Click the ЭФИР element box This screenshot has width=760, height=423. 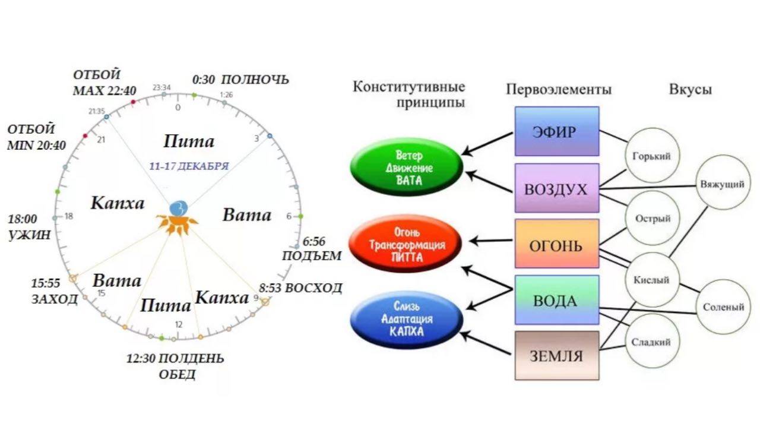[556, 131]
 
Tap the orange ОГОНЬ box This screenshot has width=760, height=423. [556, 245]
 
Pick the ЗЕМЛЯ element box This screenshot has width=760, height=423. [556, 356]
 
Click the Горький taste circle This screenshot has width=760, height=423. [651, 157]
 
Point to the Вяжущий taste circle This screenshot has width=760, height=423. [721, 184]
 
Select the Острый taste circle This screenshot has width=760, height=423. [651, 219]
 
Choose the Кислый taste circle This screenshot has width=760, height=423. [651, 280]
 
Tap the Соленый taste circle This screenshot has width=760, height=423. [723, 307]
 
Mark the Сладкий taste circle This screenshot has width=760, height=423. [651, 342]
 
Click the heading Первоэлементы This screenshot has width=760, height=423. [559, 90]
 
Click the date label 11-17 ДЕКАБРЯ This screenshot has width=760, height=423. [188, 166]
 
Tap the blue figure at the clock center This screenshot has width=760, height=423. [178, 209]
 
